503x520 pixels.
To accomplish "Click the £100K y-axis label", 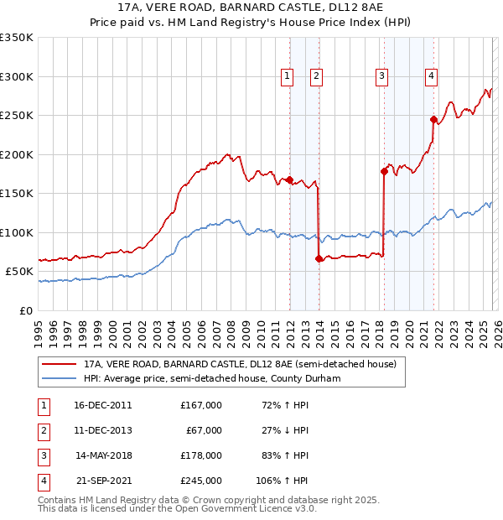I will (x=18, y=232).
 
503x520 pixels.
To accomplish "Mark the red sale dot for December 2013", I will (x=319, y=258).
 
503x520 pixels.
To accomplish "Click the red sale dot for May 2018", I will (x=384, y=172).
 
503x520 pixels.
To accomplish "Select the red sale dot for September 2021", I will (x=434, y=119).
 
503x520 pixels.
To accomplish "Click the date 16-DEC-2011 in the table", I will (x=103, y=405).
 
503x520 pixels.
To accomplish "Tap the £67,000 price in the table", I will (x=204, y=430).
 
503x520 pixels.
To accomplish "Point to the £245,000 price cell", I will (x=201, y=481).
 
